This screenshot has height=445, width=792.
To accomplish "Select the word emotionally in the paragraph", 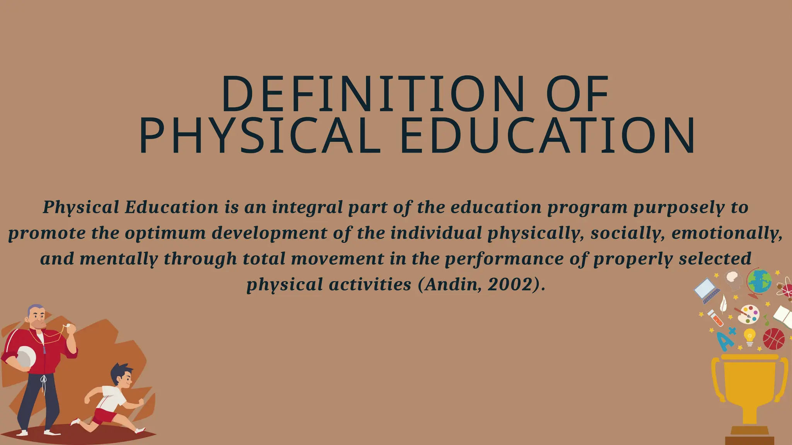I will pyautogui.click(x=726, y=233).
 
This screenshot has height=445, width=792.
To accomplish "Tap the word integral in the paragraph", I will pyautogui.click(x=307, y=207).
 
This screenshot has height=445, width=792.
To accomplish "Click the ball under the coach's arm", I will pyautogui.click(x=26, y=356).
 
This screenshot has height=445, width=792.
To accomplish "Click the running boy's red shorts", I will pyautogui.click(x=104, y=416).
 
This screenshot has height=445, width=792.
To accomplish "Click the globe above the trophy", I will pyautogui.click(x=759, y=282).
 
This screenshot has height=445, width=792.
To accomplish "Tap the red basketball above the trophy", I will pyautogui.click(x=773, y=339).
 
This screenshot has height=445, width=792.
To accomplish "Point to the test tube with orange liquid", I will pyautogui.click(x=716, y=318).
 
